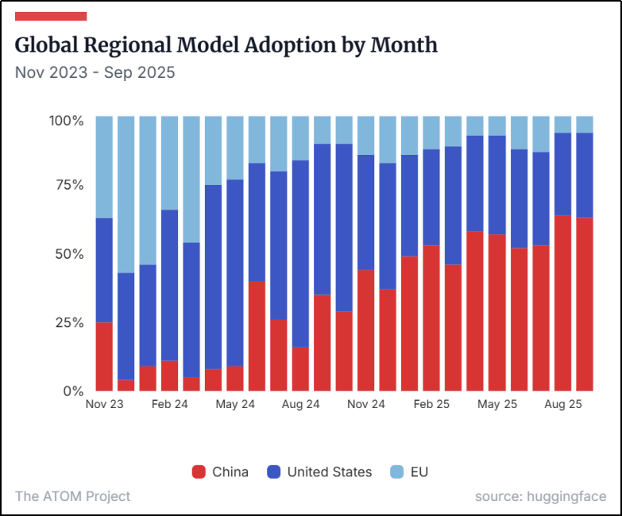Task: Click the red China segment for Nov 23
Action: coord(104,356)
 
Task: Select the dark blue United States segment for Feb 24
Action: coord(169,286)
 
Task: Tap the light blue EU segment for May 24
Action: coord(235,148)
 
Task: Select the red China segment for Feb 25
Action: coord(431,318)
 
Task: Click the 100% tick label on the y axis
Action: coord(67,121)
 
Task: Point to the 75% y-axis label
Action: coord(69,185)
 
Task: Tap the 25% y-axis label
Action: coord(69,322)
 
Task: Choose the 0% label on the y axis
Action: coord(73,391)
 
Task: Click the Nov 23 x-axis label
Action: coord(105,404)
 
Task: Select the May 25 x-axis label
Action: coord(497,404)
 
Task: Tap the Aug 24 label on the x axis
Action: coord(301,404)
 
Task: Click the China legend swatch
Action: coord(199,472)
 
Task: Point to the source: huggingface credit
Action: coord(540,496)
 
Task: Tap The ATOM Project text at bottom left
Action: coord(72,496)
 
